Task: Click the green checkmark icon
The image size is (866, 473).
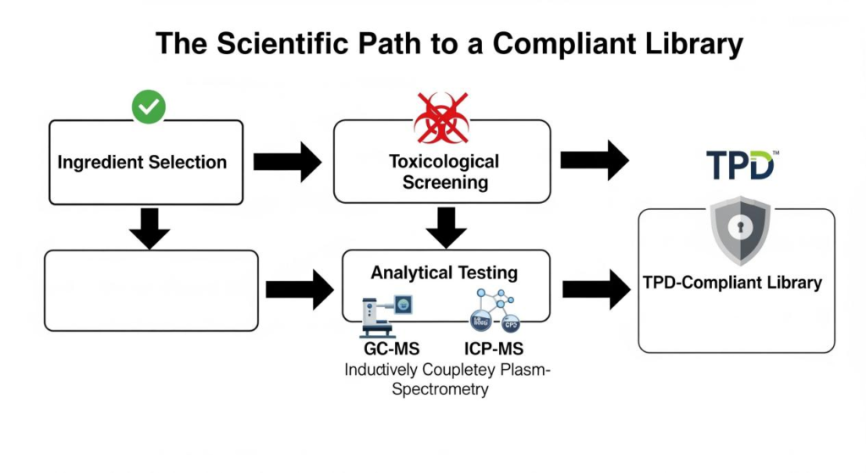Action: point(149,107)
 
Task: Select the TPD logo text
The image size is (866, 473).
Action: point(740,166)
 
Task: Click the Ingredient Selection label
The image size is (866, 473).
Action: point(142,162)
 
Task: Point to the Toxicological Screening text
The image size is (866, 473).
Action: point(443,171)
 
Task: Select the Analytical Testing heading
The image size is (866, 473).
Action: point(444,272)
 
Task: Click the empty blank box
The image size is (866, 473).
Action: point(151,290)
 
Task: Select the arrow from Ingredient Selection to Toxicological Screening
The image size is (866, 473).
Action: point(287,162)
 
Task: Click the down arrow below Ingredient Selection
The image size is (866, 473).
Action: point(150,228)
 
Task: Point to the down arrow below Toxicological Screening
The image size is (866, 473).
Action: point(445,227)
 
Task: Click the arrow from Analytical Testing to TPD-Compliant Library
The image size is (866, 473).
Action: point(595,289)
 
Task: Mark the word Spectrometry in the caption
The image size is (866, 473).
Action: point(441,389)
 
